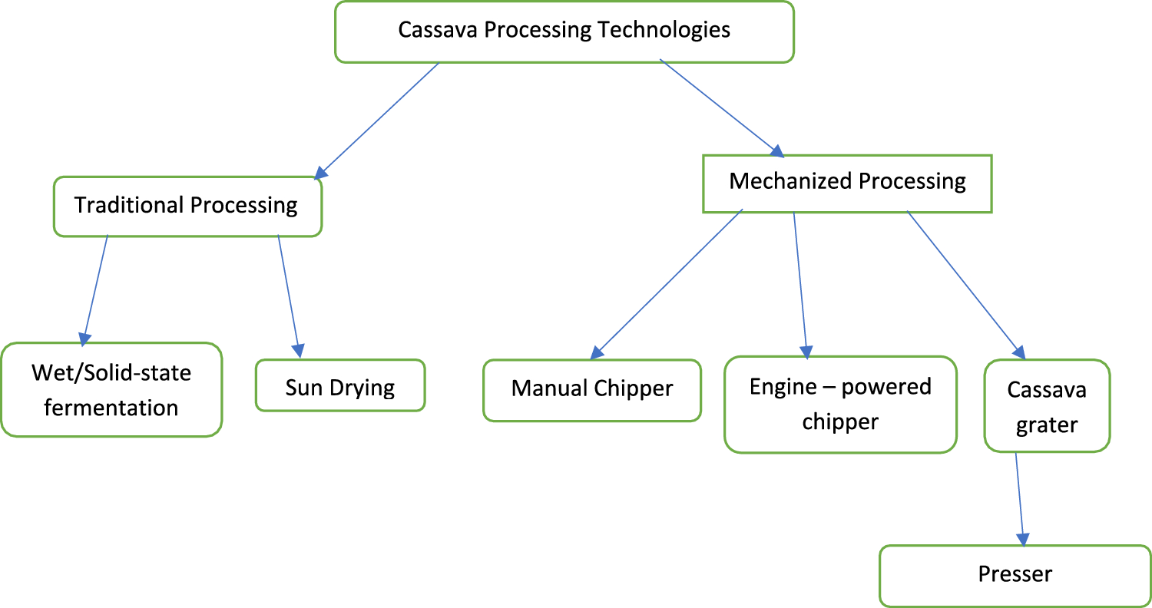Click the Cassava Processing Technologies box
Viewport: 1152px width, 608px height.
[564, 31]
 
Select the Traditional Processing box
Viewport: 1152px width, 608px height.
[187, 206]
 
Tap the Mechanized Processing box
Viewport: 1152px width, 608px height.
[847, 183]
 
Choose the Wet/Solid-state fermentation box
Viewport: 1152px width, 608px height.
[111, 390]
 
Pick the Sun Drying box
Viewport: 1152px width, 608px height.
[339, 386]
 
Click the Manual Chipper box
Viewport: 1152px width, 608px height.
[591, 389]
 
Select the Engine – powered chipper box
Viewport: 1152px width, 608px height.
[840, 404]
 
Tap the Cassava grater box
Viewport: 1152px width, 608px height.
[1047, 406]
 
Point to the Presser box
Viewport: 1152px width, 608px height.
[1015, 575]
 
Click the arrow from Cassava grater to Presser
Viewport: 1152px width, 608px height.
[1020, 498]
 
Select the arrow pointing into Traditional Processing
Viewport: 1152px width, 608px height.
[378, 118]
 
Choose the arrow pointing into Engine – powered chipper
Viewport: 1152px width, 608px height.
[800, 284]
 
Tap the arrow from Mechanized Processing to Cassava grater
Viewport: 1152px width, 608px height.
[966, 284]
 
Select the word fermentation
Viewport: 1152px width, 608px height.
[111, 408]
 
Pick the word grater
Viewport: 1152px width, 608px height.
[1047, 425]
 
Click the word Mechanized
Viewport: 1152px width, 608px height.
[790, 182]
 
